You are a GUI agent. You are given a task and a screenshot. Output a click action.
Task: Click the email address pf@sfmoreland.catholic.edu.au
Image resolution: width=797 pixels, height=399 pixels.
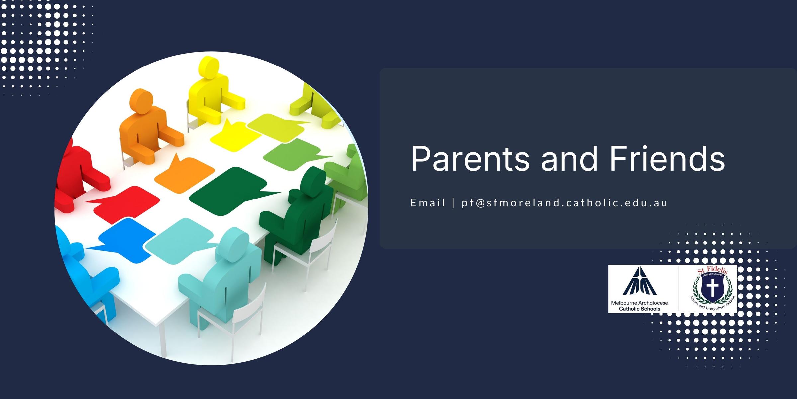565,203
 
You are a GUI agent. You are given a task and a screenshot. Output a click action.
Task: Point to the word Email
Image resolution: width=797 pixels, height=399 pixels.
428,202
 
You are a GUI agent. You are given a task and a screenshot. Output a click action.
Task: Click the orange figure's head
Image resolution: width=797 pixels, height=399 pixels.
141,101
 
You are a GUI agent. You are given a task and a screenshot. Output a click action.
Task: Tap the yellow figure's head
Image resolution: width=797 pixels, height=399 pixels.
208,67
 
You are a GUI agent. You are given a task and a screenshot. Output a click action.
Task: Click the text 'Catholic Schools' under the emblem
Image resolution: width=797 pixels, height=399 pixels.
640,309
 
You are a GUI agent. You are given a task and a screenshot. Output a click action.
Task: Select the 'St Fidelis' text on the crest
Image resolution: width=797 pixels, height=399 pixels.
713,270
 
